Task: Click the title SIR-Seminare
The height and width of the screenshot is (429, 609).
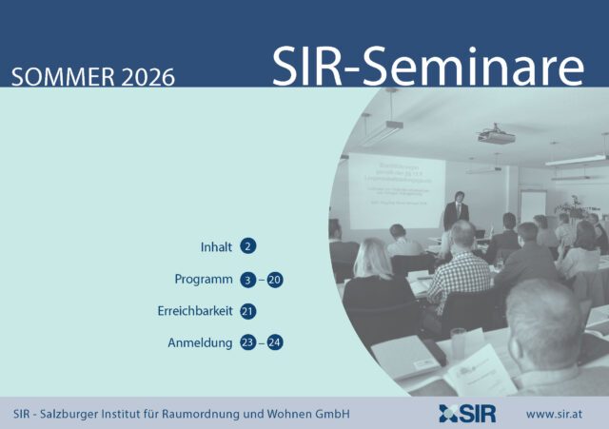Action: point(427,66)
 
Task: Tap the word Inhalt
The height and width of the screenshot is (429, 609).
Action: point(216,247)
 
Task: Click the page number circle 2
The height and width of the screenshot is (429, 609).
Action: point(248,247)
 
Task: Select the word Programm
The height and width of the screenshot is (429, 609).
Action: point(204,280)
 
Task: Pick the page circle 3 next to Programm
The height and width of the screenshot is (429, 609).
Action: point(248,280)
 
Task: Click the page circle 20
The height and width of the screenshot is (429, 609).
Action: point(276,280)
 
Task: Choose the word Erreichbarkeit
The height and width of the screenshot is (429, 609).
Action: point(194,311)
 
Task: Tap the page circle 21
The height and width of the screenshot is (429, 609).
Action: point(248,311)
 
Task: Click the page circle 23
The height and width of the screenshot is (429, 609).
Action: point(248,342)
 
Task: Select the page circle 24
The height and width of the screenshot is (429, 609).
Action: point(276,342)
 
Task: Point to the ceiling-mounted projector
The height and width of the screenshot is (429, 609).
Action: point(495,137)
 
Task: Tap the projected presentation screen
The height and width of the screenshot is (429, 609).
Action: point(397,188)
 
